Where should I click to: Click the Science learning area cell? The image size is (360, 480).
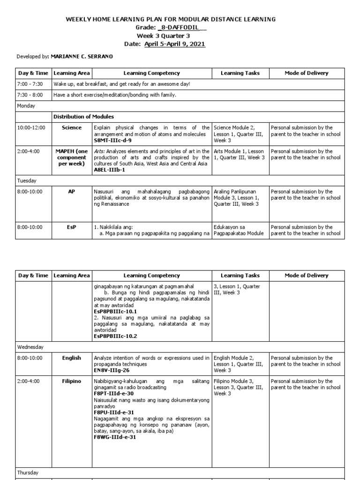tap(71, 127)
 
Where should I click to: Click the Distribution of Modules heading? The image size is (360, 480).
tap(83, 116)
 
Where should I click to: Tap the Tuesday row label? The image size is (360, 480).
tap(27, 180)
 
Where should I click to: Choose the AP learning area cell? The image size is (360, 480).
tap(71, 192)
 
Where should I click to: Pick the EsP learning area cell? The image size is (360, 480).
tap(71, 227)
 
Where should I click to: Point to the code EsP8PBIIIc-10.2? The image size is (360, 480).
tap(115, 336)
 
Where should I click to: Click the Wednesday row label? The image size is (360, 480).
tap(30, 347)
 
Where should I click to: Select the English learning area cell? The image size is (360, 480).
tap(71, 358)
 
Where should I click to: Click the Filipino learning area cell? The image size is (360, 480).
tap(71, 382)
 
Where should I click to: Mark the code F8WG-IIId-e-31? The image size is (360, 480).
tap(115, 437)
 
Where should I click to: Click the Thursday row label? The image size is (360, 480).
tap(28, 460)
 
